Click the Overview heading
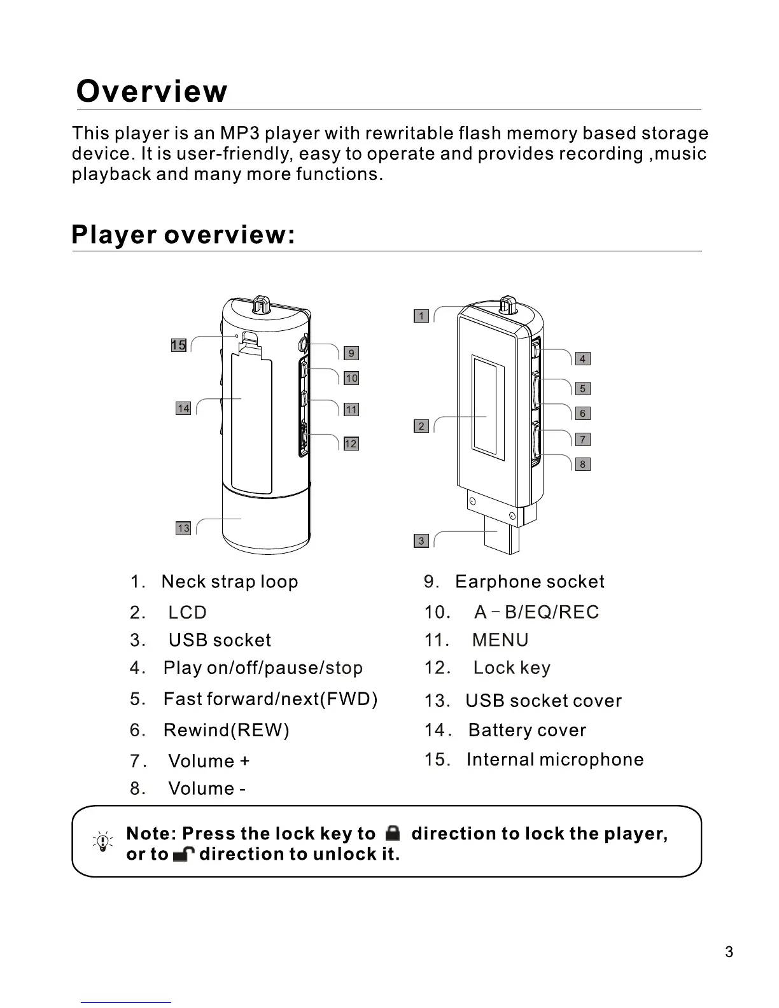pos(151,92)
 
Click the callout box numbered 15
pos(179,346)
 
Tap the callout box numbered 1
pos(421,316)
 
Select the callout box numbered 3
pos(421,541)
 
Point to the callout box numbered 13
pos(183,528)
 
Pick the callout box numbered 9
pos(351,353)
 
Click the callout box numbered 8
pos(582,465)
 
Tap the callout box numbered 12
pos(351,444)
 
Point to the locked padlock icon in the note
pos(393,833)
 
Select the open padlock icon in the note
pos(183,854)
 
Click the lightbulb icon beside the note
pos(102,843)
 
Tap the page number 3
pos(729,952)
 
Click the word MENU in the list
pos(500,640)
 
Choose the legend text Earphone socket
pos(530,582)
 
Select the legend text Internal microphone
pos(555,760)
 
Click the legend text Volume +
pos(209,761)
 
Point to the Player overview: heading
pos(183,235)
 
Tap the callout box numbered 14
pos(183,409)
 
